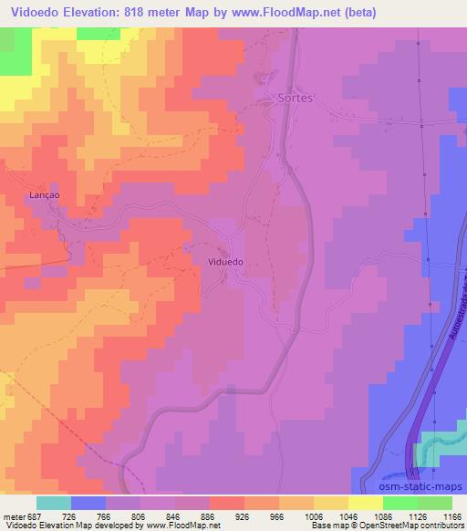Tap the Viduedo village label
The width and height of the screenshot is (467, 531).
[225, 261]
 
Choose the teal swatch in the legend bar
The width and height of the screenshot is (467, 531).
[54, 503]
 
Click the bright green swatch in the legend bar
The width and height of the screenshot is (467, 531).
[400, 503]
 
